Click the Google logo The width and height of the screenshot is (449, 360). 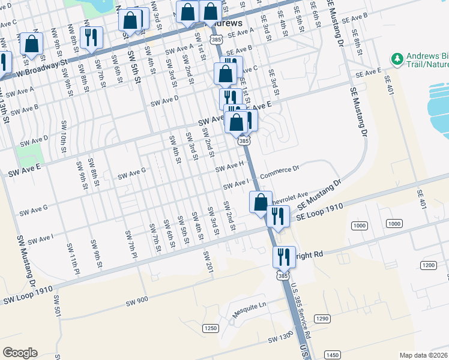pyautogui.click(x=20, y=353)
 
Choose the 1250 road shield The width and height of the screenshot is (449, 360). pyautogui.click(x=209, y=328)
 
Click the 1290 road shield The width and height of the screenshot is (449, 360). pyautogui.click(x=322, y=318)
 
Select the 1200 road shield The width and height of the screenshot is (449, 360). pyautogui.click(x=428, y=265)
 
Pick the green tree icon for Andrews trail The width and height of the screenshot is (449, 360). pyautogui.click(x=396, y=59)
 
